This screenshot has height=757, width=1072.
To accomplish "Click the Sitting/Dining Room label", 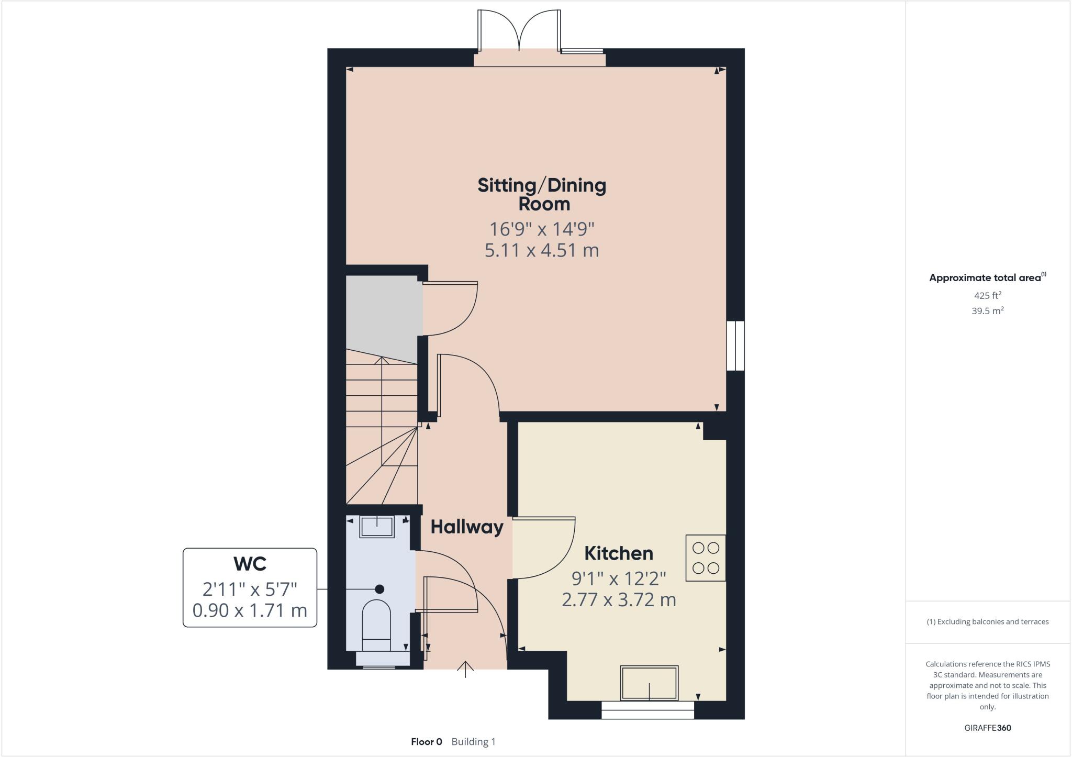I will pos(542,194).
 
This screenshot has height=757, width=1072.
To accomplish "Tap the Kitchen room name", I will pos(618,553).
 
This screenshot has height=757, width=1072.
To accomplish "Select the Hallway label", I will pos(466,527).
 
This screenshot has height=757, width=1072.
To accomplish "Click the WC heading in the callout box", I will pos(250,564).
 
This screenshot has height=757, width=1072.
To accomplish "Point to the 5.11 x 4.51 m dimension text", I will pos(542,250).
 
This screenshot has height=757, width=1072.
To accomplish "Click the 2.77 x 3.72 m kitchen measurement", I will pos(618,599).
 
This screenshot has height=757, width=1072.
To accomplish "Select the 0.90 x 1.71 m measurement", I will pos(250,610).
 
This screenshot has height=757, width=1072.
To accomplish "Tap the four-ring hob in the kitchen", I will pos(706,558).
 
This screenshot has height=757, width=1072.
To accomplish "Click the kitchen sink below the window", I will pos(649,683).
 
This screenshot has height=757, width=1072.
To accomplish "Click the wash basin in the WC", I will pos(376,527).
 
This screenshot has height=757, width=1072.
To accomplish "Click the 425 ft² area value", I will pos(987,295).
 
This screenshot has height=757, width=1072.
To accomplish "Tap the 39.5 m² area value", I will pos(987,311).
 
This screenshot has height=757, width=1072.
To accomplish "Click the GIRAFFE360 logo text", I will pos(987,728).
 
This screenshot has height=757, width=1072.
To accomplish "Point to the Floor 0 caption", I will pos(426,742).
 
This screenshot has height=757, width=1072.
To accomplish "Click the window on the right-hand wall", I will pos(735,346).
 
